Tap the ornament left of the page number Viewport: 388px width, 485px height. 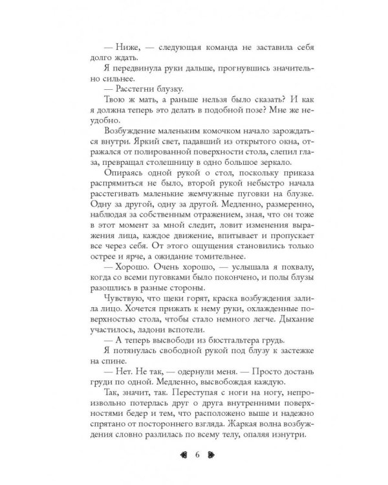179,454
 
